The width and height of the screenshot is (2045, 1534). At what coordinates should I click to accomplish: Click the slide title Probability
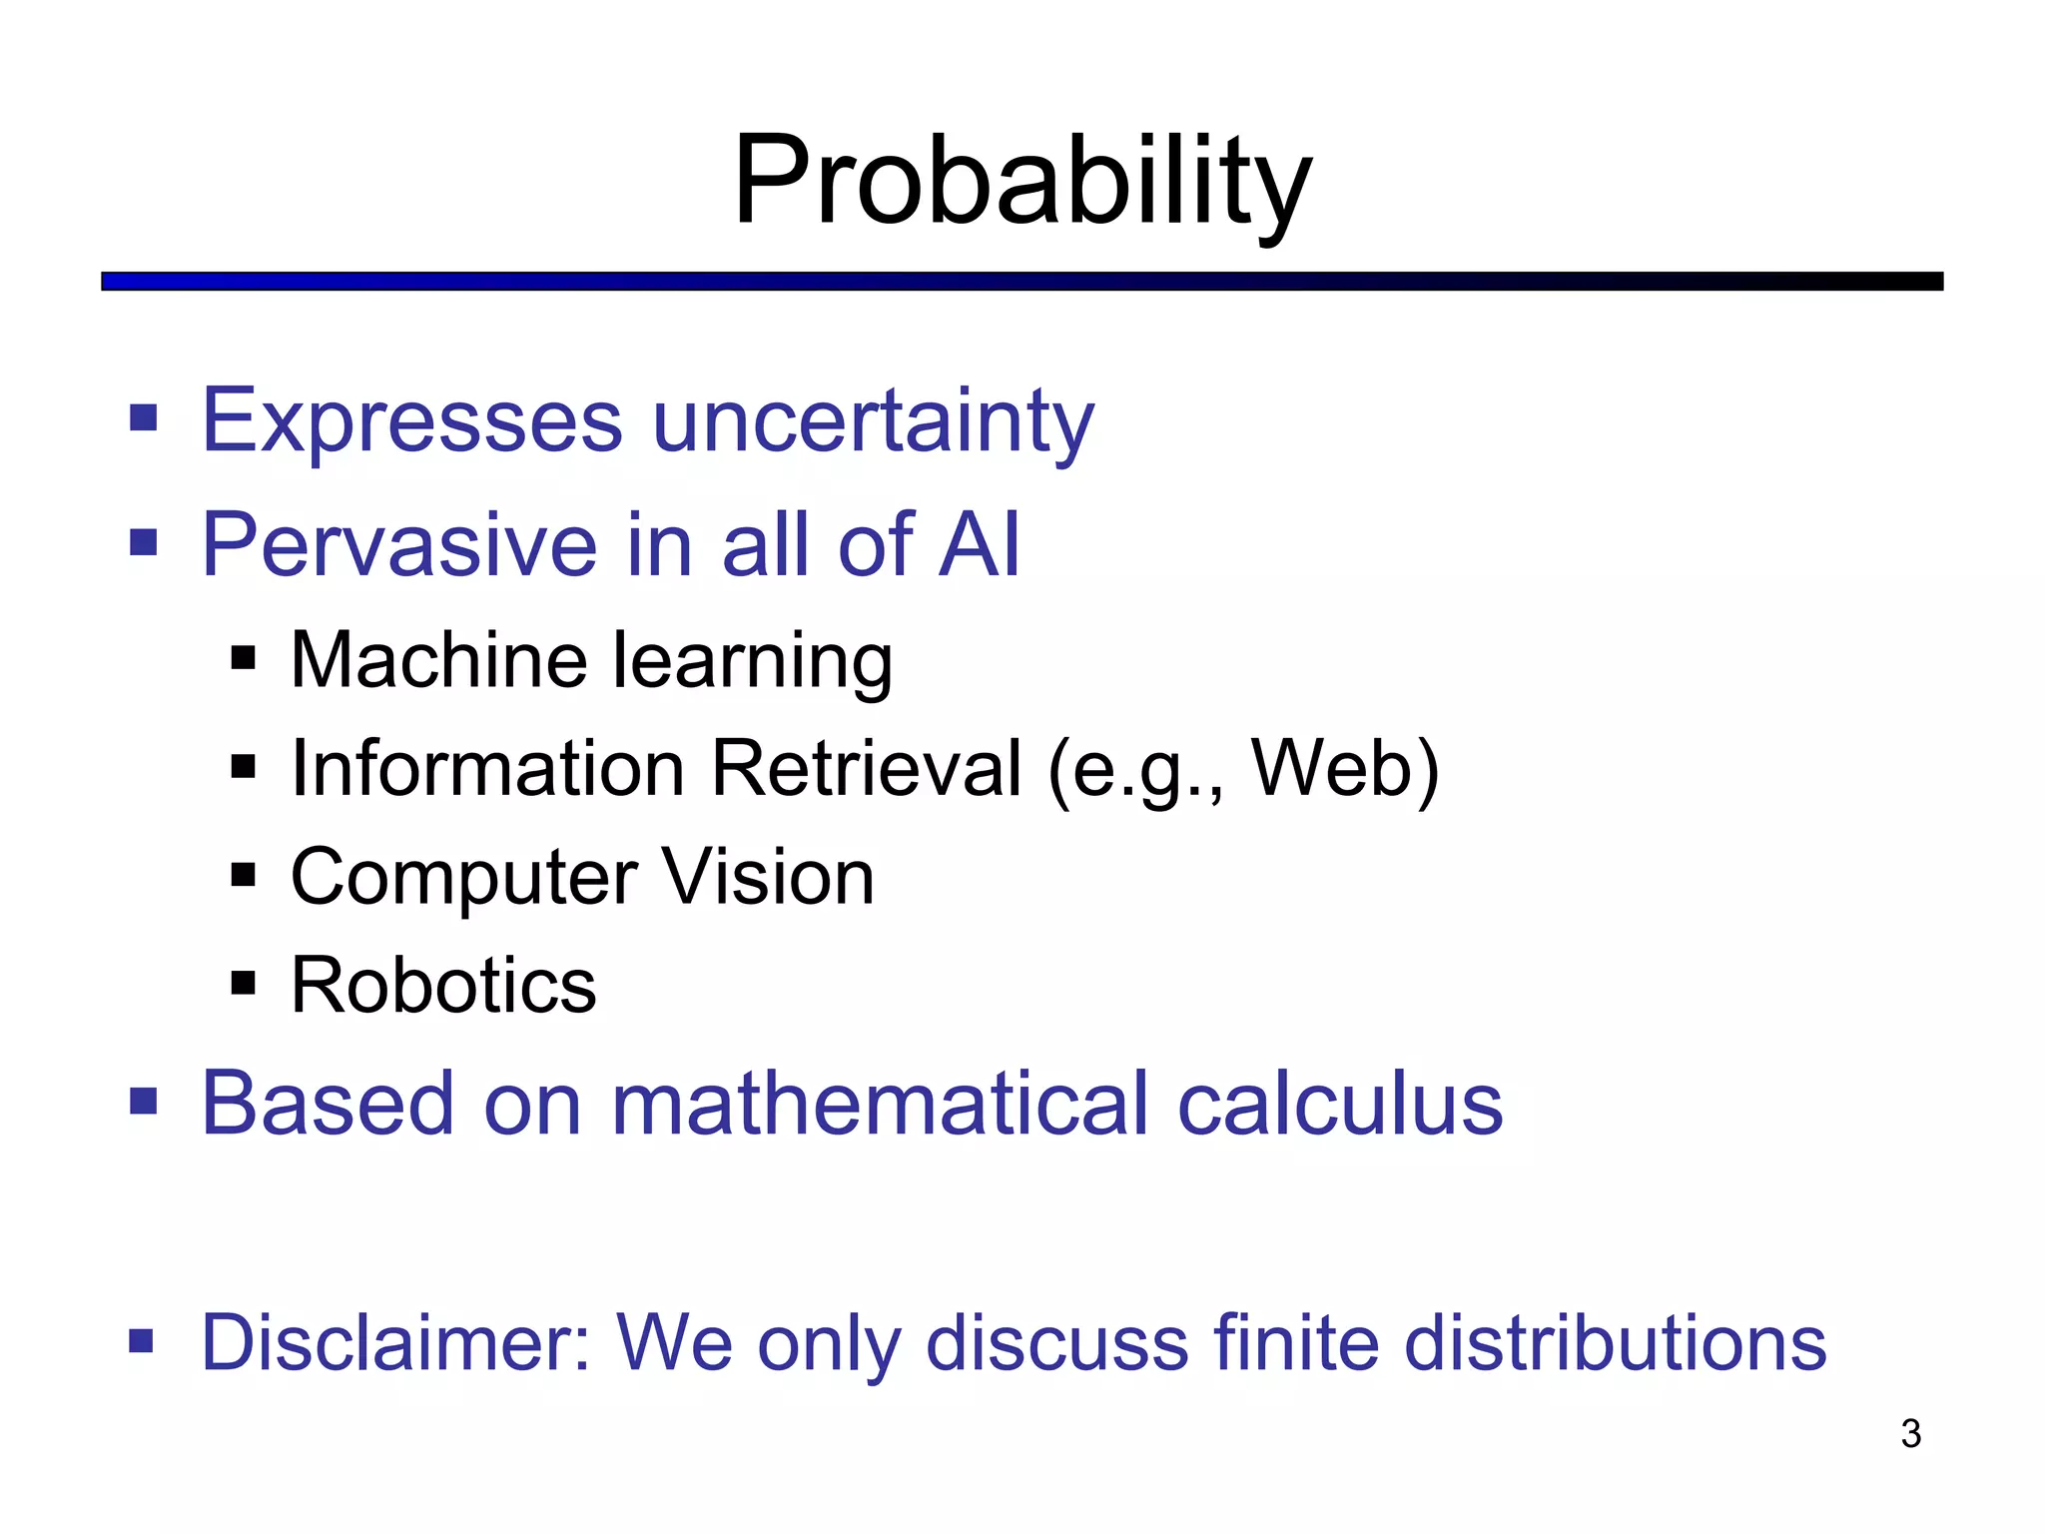pyautogui.click(x=1022, y=182)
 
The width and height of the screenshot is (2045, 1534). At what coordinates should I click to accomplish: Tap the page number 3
pyautogui.click(x=1910, y=1433)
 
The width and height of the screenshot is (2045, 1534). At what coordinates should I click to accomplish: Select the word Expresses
pyautogui.click(x=412, y=421)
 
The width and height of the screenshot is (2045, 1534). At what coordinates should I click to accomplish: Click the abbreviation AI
pyautogui.click(x=980, y=544)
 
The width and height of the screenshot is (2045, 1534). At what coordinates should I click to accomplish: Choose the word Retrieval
pyautogui.click(x=866, y=768)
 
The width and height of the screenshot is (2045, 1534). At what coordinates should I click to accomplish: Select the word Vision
pyautogui.click(x=768, y=877)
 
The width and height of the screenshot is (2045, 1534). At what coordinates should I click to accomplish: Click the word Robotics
pyautogui.click(x=443, y=986)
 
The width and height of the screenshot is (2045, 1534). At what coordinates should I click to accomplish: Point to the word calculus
pyautogui.click(x=1340, y=1104)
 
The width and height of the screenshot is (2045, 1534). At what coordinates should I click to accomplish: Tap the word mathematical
pyautogui.click(x=880, y=1104)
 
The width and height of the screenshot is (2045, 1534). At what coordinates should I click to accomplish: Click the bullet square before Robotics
pyautogui.click(x=244, y=984)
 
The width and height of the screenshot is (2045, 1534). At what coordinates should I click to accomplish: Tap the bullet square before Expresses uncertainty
pyautogui.click(x=144, y=418)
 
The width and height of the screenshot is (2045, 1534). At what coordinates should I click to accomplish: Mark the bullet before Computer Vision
pyautogui.click(x=244, y=876)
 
